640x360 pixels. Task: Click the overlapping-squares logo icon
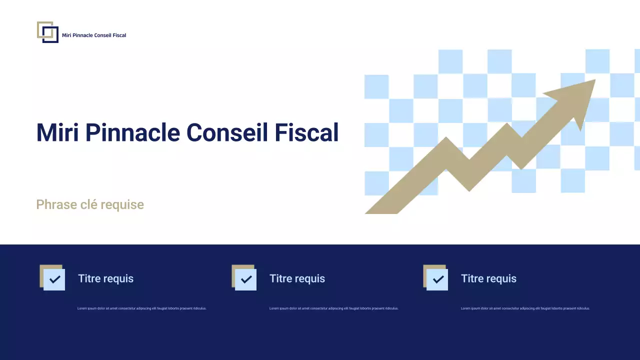(47, 32)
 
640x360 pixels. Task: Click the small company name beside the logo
(94, 35)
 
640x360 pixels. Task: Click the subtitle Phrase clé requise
(90, 204)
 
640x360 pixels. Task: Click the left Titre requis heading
(105, 278)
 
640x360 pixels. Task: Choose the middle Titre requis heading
(297, 278)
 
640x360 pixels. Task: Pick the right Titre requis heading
(488, 278)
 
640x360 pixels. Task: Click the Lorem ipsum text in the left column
(142, 308)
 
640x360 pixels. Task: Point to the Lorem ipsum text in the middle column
(333, 308)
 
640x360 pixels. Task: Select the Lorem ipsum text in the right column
(525, 308)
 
